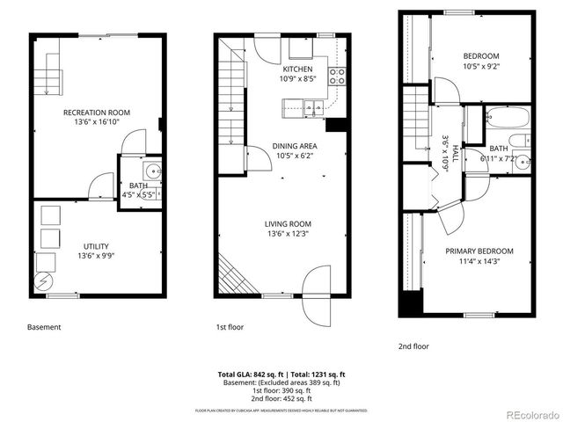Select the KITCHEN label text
(296, 69)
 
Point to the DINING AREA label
(296, 145)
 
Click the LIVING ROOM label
(289, 223)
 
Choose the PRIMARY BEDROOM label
(479, 251)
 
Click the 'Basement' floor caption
(44, 327)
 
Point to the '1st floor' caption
(230, 327)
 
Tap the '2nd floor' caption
(415, 346)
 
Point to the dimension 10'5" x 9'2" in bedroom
(481, 64)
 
